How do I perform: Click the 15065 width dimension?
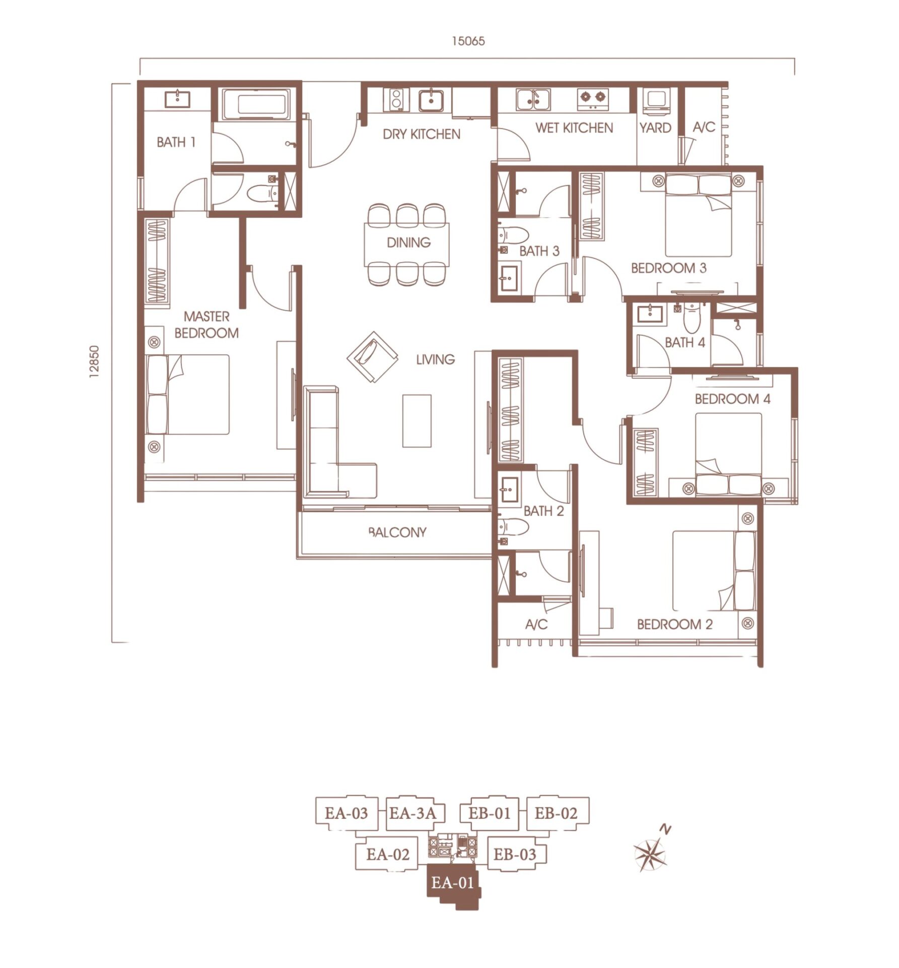click(x=468, y=41)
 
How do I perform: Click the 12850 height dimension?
click(x=95, y=361)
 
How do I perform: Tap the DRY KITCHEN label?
click(x=422, y=134)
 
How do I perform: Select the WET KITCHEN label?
click(x=574, y=128)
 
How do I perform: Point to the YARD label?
click(x=655, y=128)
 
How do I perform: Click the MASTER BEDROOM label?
click(x=206, y=325)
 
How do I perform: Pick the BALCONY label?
click(x=397, y=532)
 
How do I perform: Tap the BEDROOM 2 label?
click(x=675, y=625)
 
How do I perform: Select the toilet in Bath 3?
click(x=513, y=236)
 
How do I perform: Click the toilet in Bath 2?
click(x=513, y=527)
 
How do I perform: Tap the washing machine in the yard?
click(x=656, y=100)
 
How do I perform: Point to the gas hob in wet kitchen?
click(x=593, y=99)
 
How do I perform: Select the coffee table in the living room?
click(x=417, y=421)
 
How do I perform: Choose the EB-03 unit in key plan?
click(x=515, y=854)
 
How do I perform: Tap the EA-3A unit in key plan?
click(x=412, y=813)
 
